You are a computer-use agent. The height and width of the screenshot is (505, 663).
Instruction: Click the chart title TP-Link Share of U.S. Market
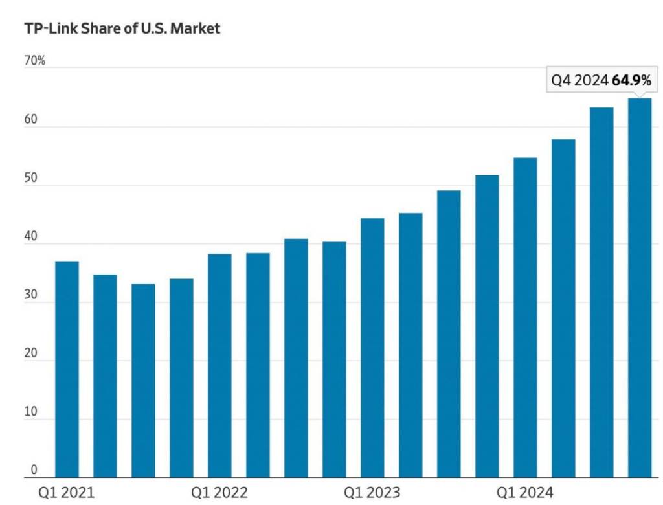(122, 28)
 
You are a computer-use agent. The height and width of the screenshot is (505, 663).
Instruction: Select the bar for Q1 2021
(67, 369)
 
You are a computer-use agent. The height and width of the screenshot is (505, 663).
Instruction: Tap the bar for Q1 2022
(219, 366)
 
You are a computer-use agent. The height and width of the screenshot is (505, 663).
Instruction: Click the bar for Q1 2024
(525, 317)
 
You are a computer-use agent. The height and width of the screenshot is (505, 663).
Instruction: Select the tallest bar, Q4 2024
(640, 288)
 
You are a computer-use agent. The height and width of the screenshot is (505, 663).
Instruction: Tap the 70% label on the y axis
(34, 62)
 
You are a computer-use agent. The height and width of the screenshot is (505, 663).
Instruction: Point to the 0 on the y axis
(34, 471)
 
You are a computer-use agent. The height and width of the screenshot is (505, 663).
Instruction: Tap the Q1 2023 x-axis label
(372, 493)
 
